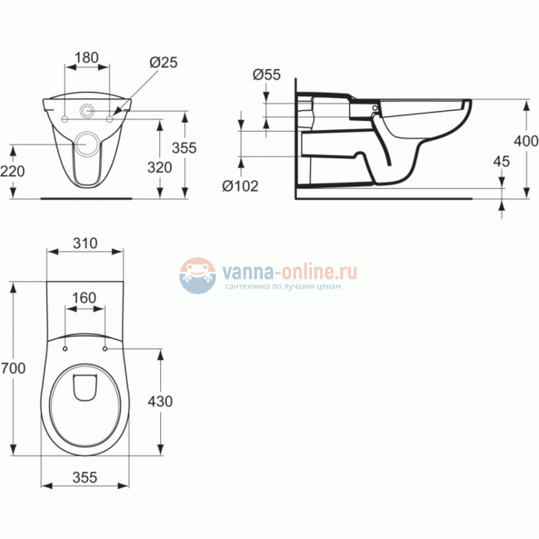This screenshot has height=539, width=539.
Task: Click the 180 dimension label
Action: (x=87, y=58)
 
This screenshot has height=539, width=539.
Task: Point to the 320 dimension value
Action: (x=159, y=167)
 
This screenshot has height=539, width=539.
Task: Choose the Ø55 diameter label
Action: (x=266, y=74)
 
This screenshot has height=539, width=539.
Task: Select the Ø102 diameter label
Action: (x=240, y=186)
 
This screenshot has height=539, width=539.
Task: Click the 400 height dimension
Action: (x=526, y=142)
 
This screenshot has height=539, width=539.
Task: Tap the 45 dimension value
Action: (x=500, y=162)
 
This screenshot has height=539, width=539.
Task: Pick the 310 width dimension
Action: (x=85, y=243)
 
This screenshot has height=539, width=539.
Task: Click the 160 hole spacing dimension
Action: (x=85, y=297)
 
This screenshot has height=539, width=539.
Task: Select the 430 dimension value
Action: (x=159, y=401)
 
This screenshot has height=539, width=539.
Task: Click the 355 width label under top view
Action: (x=85, y=478)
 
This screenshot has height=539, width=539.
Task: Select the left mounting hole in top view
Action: (x=64, y=347)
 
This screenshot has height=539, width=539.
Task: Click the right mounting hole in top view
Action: (x=106, y=347)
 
